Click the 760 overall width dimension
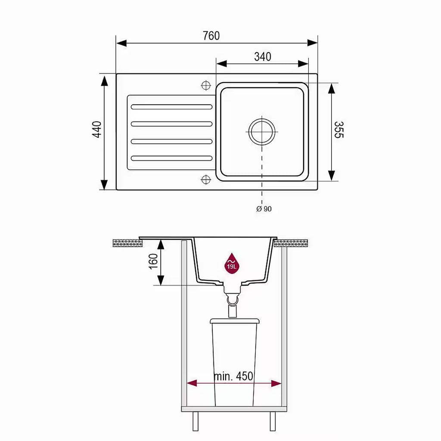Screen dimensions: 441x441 [x=211, y=36]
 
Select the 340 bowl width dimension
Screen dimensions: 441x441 [x=263, y=57]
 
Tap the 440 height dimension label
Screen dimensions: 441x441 [x=97, y=129]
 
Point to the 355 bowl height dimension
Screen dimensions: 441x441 [x=339, y=130]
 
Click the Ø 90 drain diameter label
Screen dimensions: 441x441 [x=264, y=209]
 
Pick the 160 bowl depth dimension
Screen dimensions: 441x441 [x=153, y=261]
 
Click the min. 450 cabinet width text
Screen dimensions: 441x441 [x=233, y=376]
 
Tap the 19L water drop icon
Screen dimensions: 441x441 [x=231, y=263]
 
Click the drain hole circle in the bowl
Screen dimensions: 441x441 [x=262, y=132]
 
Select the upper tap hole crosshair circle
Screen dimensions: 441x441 [x=206, y=85]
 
